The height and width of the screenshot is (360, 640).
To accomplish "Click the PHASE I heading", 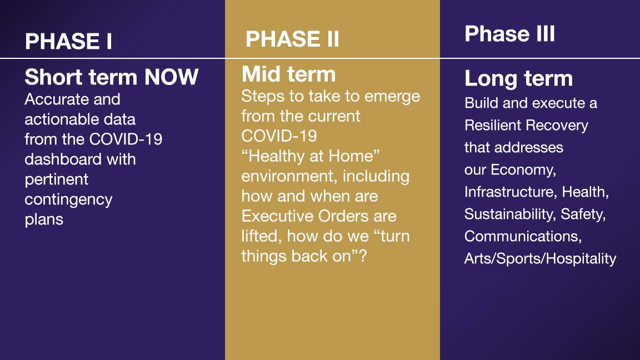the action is point(68,41).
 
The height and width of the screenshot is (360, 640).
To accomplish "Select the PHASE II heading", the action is point(292,39).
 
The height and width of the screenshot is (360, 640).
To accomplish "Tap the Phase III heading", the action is point(510,33).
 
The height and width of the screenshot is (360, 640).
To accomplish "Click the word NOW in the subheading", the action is point(172,77).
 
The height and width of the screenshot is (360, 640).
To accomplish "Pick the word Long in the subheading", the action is point(491,79).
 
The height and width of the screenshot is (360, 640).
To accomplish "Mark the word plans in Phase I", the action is point(44,220).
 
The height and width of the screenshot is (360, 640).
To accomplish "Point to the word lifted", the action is point(262,236).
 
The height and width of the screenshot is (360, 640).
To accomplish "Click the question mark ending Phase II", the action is point(363,256).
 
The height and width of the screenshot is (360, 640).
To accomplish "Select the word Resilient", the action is point(492,125).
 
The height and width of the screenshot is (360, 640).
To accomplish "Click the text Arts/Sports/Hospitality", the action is point(541,259).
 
